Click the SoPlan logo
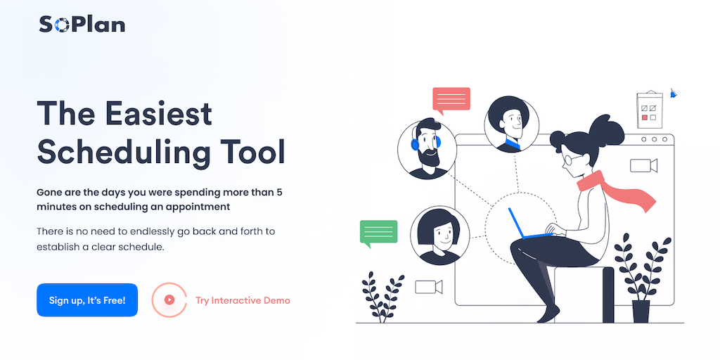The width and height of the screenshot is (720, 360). click(x=82, y=25)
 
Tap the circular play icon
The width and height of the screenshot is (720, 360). click(x=169, y=300)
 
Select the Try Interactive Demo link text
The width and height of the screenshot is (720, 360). click(x=243, y=301)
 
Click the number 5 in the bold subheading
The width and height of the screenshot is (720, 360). click(x=279, y=192)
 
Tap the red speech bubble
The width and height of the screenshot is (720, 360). click(x=451, y=100)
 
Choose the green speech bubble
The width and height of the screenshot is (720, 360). click(x=378, y=233)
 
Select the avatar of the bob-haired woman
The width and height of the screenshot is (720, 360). click(x=440, y=235)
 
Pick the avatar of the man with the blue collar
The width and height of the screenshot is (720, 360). click(x=512, y=124)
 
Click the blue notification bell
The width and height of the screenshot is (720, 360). click(x=673, y=94)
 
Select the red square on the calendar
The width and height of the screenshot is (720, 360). click(x=645, y=117)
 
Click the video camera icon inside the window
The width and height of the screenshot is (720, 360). click(x=643, y=165)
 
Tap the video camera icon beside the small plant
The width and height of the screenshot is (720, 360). click(x=428, y=287)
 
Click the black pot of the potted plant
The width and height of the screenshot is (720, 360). click(x=641, y=311)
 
